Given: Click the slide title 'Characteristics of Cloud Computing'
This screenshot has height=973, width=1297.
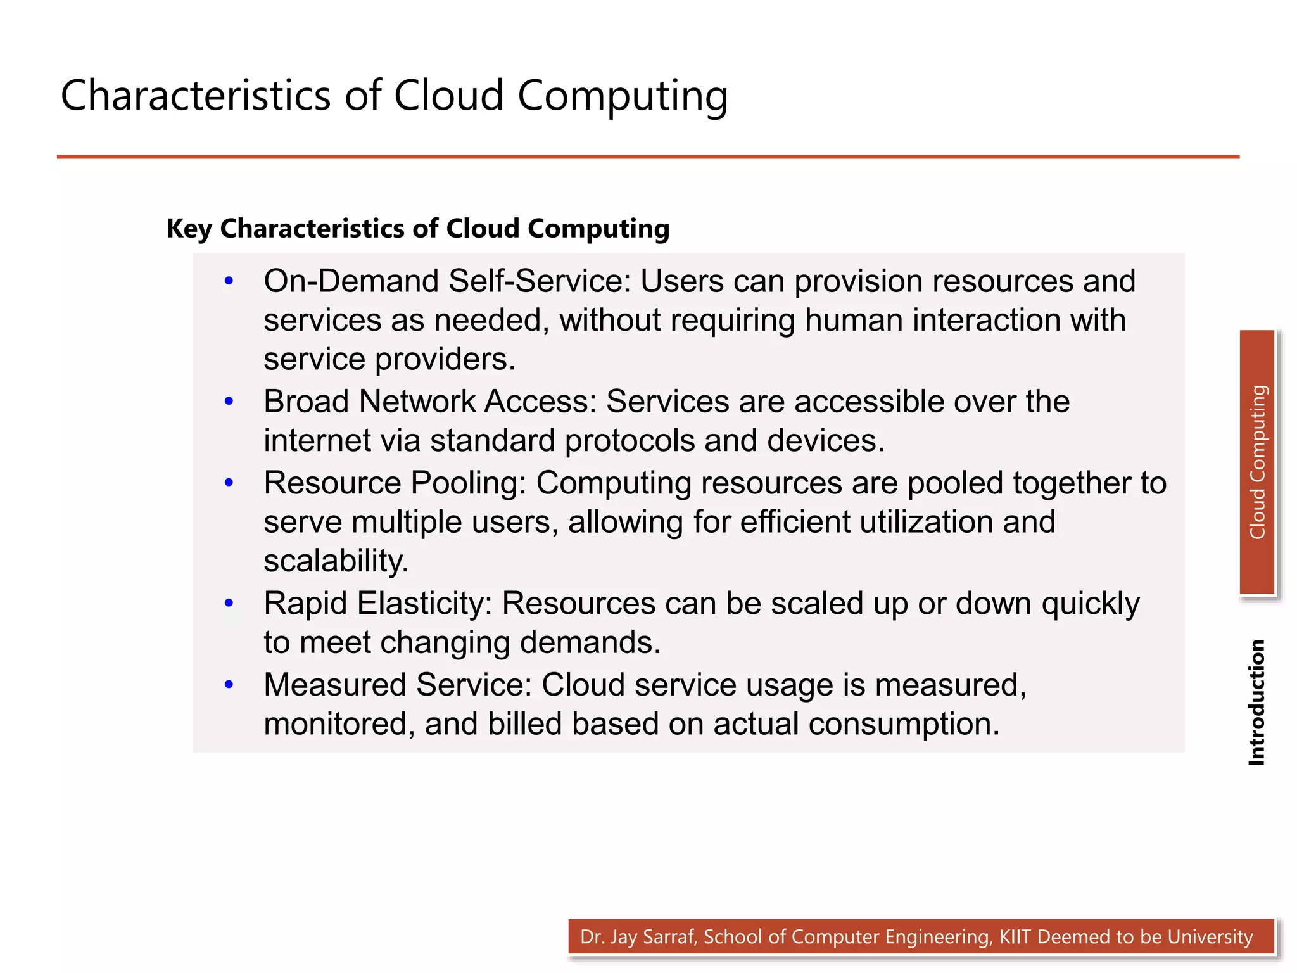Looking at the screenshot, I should pyautogui.click(x=394, y=96).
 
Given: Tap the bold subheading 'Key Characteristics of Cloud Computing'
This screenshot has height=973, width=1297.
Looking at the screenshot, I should pyautogui.click(x=418, y=229).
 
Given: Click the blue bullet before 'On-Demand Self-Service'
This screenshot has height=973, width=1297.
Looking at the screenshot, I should pyautogui.click(x=229, y=281).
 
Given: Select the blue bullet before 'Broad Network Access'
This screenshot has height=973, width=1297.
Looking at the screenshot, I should pyautogui.click(x=229, y=401).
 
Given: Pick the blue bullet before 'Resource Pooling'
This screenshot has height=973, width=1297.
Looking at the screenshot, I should pyautogui.click(x=229, y=483).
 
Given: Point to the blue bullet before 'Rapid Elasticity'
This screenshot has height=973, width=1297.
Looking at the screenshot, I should pyautogui.click(x=229, y=603).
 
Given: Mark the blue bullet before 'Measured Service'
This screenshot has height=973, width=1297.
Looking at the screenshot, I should pyautogui.click(x=229, y=684).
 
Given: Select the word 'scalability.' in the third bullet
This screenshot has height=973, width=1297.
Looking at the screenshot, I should pyautogui.click(x=336, y=561).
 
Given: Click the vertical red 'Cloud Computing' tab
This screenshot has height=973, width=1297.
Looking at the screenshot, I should pyautogui.click(x=1257, y=462).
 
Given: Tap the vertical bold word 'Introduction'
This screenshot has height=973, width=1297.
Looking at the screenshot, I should pyautogui.click(x=1256, y=702).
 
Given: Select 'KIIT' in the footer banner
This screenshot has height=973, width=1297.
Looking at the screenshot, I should pyautogui.click(x=1016, y=937).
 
